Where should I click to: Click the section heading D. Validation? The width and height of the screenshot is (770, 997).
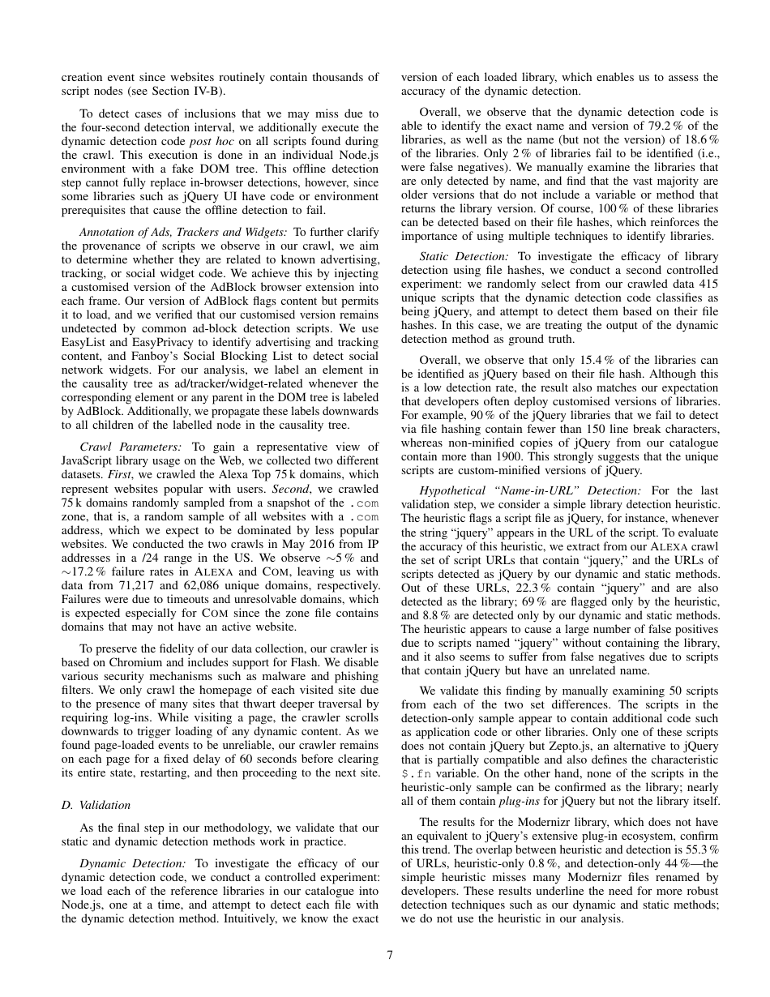tap(96, 805)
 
